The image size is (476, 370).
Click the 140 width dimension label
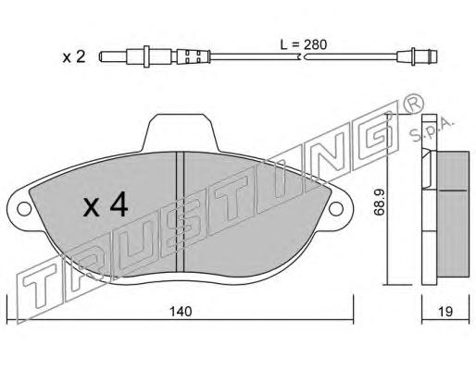click(181, 312)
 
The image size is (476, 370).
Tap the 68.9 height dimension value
click(379, 203)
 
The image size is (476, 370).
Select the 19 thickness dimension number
click(445, 312)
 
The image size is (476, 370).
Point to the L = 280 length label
click(303, 45)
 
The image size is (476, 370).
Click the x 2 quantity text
click(74, 57)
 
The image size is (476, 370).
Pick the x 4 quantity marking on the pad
click(106, 204)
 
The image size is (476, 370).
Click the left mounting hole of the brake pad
click(24, 209)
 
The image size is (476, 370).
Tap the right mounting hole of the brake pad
click(336, 209)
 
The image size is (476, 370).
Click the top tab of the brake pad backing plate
click(182, 132)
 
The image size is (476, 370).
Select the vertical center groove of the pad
click(180, 212)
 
